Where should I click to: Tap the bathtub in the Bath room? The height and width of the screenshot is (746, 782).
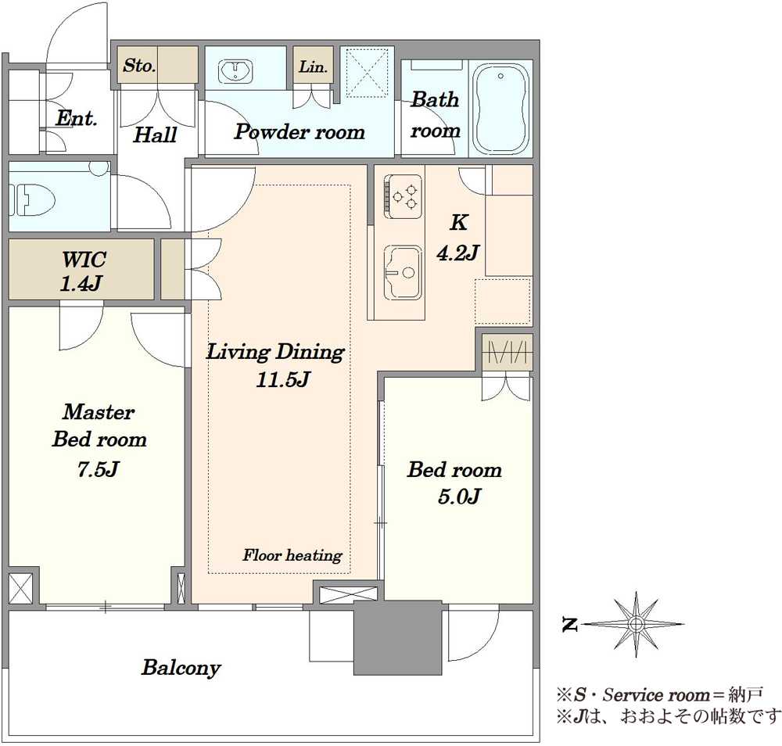(500, 109)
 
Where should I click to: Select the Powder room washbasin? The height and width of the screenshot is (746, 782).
(235, 71)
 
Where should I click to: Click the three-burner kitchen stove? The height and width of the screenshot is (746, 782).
(403, 196)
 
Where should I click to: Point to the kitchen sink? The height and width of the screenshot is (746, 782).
(402, 272)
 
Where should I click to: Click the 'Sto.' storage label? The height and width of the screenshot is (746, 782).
(139, 66)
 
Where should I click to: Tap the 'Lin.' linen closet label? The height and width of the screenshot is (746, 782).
(313, 66)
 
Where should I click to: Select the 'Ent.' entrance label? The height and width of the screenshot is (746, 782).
(77, 118)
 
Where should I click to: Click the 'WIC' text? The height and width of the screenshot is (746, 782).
(84, 260)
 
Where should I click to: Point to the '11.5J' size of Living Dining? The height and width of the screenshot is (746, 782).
(283, 380)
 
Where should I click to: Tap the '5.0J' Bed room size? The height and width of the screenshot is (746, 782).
(459, 497)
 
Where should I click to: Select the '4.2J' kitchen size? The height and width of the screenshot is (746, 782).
(457, 253)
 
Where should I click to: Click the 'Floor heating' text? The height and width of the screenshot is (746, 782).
(292, 555)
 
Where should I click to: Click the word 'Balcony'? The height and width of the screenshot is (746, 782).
(181, 668)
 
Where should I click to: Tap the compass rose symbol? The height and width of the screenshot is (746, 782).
(635, 624)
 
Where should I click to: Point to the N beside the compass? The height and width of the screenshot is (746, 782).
(569, 624)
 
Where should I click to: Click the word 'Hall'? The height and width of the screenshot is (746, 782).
(155, 134)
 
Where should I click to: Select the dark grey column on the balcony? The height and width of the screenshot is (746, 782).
(398, 637)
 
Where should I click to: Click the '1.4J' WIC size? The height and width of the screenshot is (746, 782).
(81, 284)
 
